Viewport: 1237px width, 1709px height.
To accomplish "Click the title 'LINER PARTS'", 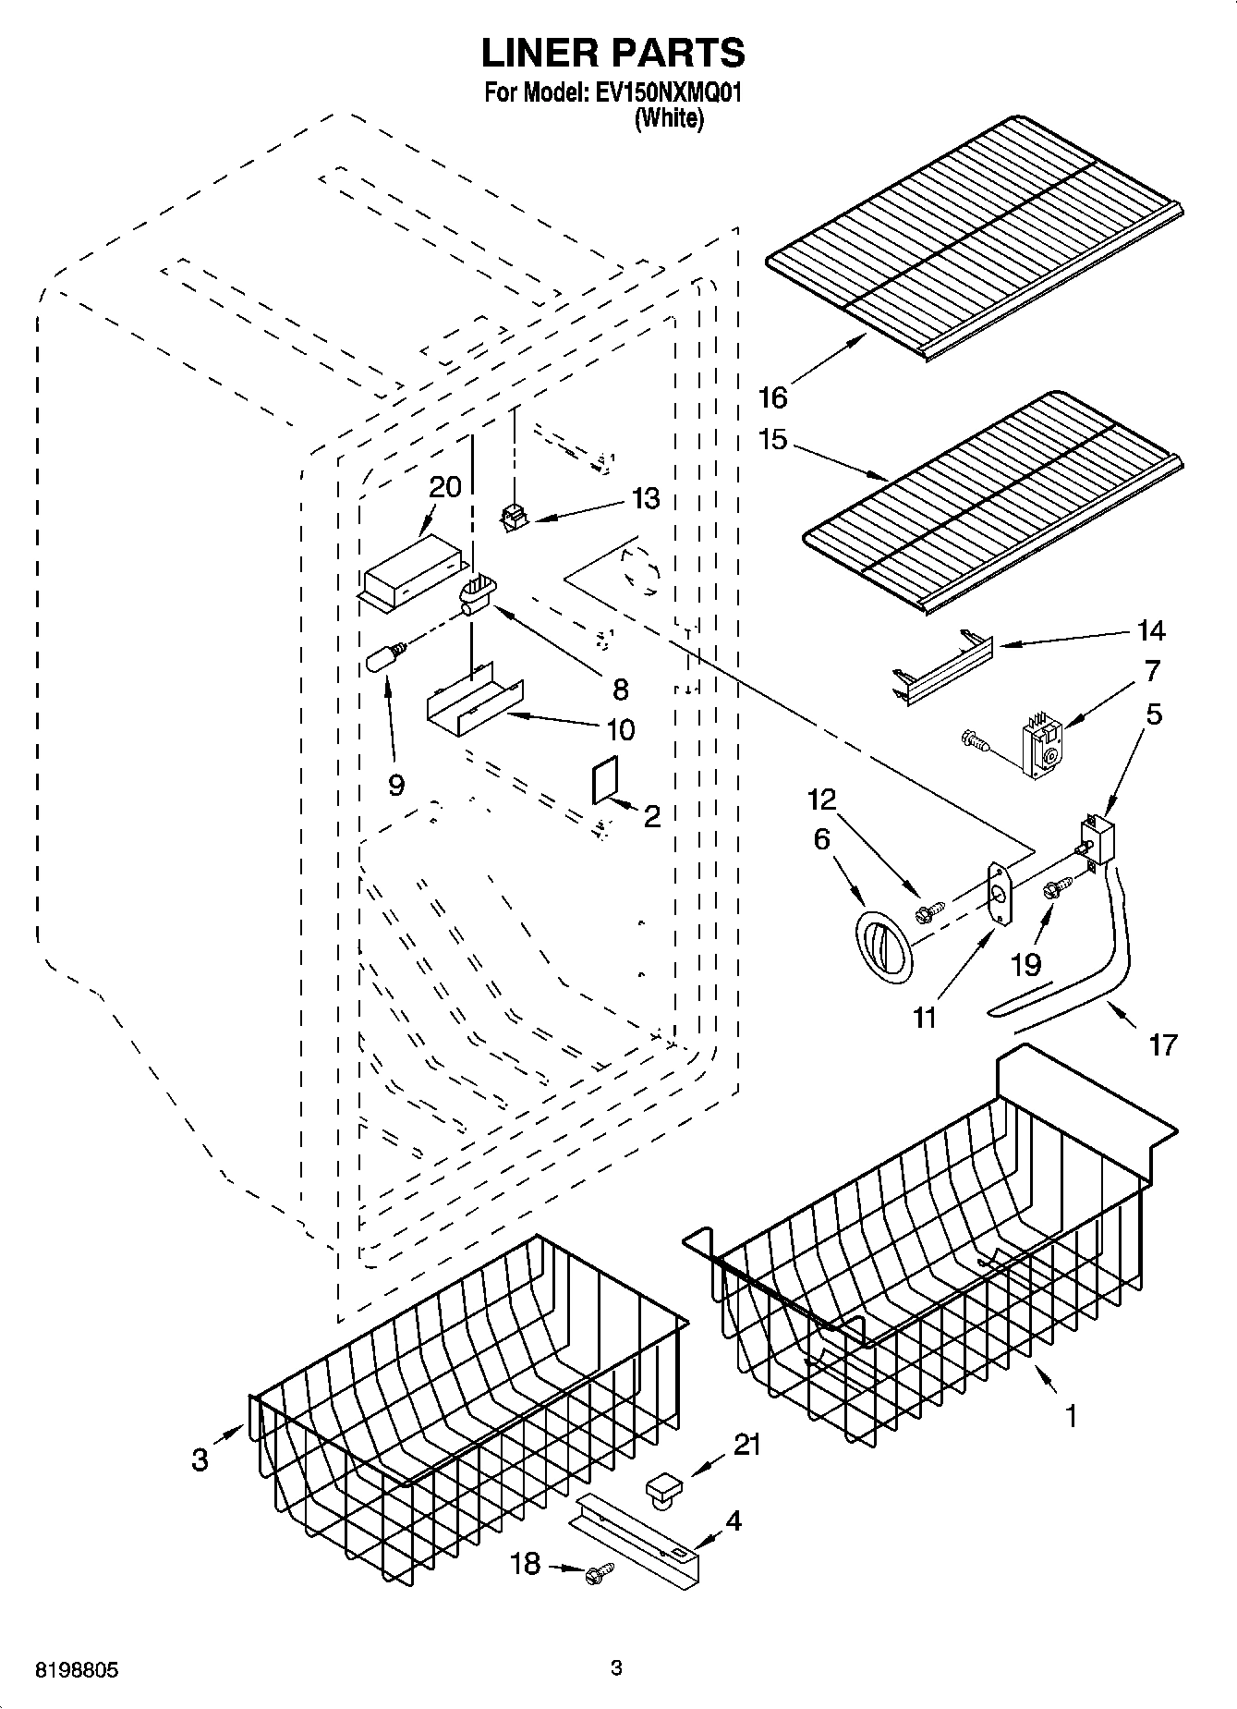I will point(612,54).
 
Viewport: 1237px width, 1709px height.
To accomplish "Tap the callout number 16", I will point(772,397).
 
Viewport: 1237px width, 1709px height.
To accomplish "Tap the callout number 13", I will point(646,499).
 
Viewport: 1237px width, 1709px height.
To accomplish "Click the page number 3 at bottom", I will point(617,1668).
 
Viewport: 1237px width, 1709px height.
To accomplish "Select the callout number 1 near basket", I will point(1071,1415).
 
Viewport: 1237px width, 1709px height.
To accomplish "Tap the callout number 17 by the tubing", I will point(1163,1044).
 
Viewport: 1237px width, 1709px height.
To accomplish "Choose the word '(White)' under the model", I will point(669,118).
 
